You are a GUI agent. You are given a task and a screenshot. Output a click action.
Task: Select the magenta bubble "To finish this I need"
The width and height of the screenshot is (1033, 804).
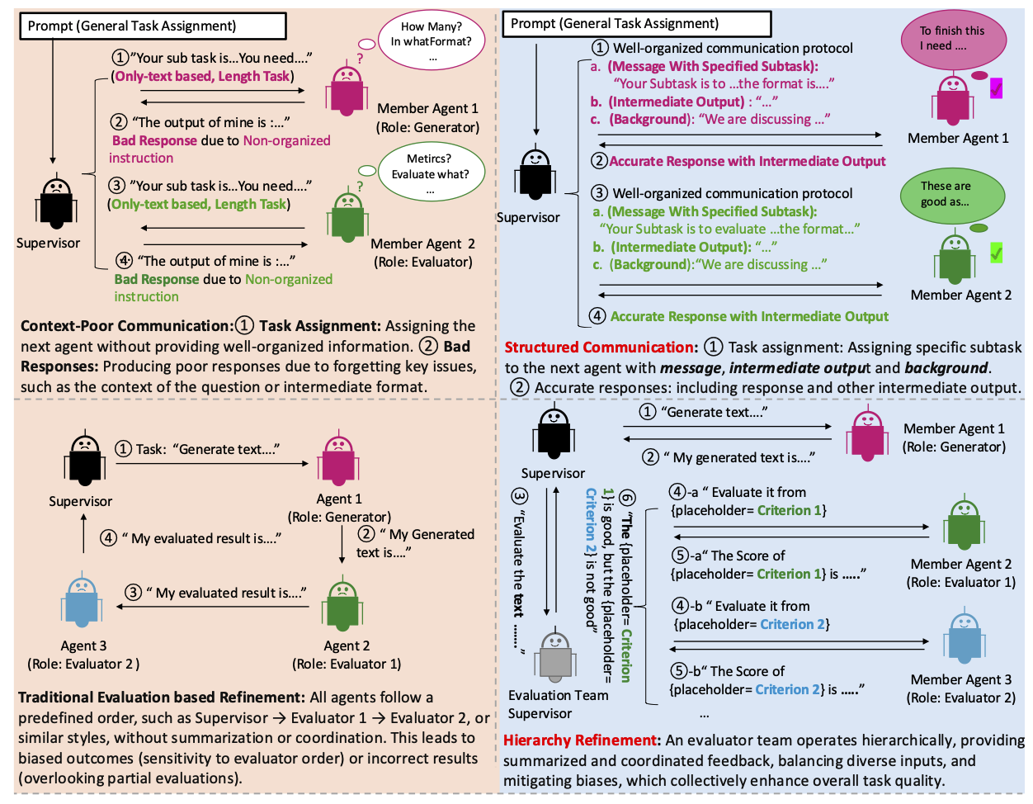click(x=952, y=38)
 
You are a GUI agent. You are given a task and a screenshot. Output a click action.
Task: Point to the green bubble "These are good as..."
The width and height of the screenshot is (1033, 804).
click(x=950, y=195)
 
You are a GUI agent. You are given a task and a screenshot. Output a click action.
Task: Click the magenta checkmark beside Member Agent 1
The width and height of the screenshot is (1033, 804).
click(x=997, y=87)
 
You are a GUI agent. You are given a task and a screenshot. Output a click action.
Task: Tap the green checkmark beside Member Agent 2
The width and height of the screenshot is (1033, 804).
click(x=997, y=253)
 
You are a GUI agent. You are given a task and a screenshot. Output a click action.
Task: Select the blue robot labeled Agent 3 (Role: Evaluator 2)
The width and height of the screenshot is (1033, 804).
click(x=82, y=600)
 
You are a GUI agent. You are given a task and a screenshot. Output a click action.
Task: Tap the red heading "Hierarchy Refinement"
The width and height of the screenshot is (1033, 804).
click(x=581, y=740)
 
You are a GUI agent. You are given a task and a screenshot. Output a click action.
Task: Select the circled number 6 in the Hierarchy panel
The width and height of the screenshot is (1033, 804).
click(x=627, y=497)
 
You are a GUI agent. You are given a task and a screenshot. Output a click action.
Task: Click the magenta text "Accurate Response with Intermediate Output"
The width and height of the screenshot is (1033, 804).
click(x=747, y=161)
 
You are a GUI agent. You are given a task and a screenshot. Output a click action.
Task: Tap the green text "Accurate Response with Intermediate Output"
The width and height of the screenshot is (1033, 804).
click(x=749, y=316)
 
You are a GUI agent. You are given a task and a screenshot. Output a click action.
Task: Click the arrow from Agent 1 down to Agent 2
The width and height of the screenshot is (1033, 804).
click(x=342, y=545)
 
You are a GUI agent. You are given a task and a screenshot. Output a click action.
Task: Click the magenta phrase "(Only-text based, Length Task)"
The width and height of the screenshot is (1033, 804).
click(x=203, y=76)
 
